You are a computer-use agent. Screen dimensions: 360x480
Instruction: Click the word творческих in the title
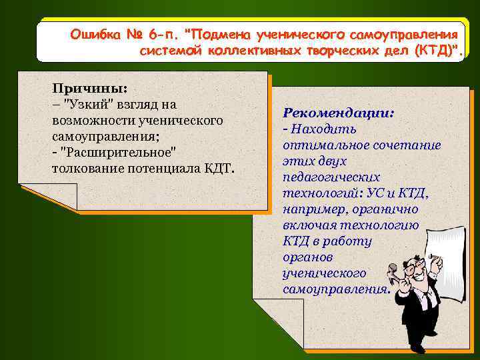(335, 50)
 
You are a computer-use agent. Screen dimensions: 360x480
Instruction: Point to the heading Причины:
(90, 89)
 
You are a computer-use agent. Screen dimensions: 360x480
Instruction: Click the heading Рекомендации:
(339, 113)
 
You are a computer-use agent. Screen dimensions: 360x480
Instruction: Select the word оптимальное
(322, 145)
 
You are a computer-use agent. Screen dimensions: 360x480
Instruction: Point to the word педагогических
(331, 177)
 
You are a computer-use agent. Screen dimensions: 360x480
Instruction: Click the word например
(311, 209)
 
